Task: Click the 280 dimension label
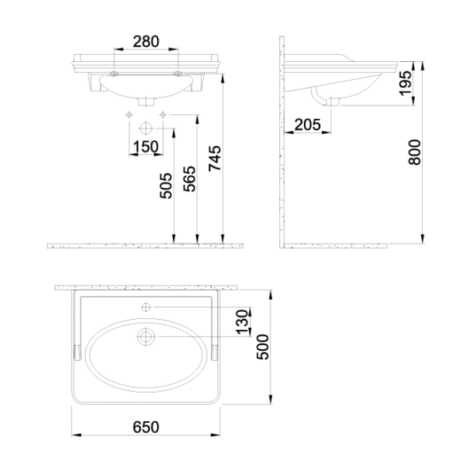pyautogui.click(x=146, y=42)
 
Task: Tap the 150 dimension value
pyautogui.click(x=146, y=147)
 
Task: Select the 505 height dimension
pyautogui.click(x=166, y=186)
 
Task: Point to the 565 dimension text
pyautogui.click(x=190, y=178)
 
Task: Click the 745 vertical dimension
pyautogui.click(x=215, y=159)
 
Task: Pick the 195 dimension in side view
pyautogui.click(x=405, y=83)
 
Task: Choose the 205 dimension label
pyautogui.click(x=308, y=125)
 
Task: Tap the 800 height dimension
pyautogui.click(x=414, y=152)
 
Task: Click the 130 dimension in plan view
pyautogui.click(x=243, y=322)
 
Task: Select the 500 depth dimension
pyautogui.click(x=263, y=347)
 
